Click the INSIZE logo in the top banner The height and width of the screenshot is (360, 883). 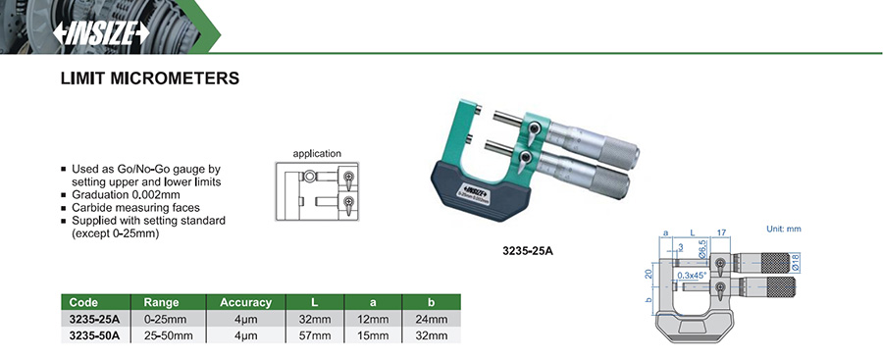pos(101,33)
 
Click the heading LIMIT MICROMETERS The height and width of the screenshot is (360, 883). pos(150,78)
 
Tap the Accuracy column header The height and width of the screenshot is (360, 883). pos(245,302)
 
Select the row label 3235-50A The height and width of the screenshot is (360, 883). pos(94,336)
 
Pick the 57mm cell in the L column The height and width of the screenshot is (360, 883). pos(315,336)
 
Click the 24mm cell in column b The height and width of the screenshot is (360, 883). pos(432,320)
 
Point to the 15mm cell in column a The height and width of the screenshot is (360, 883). pos(373,336)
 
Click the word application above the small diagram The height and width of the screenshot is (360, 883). pos(317,153)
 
